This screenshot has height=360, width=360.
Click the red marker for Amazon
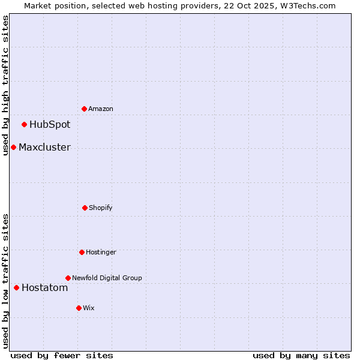(85, 109)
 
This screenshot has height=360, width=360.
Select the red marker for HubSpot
(25, 124)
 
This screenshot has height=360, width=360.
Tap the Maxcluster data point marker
(13, 147)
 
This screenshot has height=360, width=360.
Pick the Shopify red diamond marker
(85, 208)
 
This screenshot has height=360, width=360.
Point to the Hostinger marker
(82, 252)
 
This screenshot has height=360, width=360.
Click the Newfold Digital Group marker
(68, 278)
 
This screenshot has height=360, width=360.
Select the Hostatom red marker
(16, 287)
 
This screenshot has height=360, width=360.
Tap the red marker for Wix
(79, 308)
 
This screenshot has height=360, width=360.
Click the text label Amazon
(101, 109)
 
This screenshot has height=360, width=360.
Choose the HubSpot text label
(50, 125)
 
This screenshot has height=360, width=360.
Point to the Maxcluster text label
(44, 148)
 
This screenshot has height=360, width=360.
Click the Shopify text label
(101, 208)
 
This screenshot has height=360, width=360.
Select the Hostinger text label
(101, 252)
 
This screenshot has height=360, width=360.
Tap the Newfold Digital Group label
(107, 278)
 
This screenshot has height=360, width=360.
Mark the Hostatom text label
(44, 288)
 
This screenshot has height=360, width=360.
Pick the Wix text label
(89, 308)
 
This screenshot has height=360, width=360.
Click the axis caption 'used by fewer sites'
(62, 355)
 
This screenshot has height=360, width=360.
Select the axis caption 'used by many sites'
(301, 355)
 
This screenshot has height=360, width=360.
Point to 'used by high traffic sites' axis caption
(5, 85)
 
